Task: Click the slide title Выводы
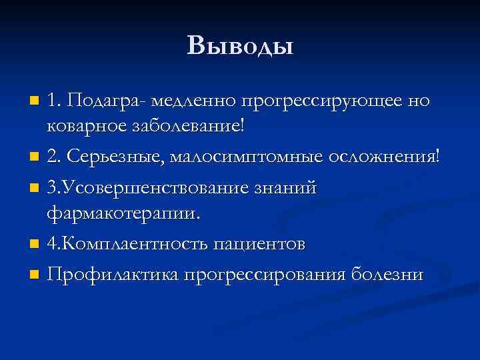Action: tap(240, 46)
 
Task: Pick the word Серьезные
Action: tap(114, 157)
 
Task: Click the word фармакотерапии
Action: tap(123, 213)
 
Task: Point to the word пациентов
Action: tap(260, 243)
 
